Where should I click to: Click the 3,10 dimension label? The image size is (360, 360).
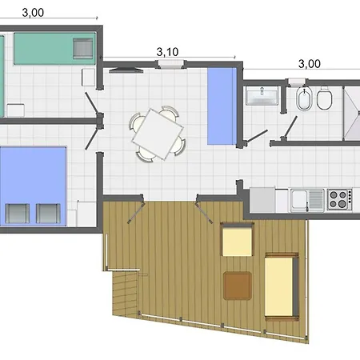click(167, 52)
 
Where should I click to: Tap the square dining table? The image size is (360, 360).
click(158, 134)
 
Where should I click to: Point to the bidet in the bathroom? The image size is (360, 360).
click(304, 98)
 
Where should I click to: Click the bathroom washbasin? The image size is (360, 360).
click(262, 96)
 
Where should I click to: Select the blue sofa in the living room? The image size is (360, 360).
click(222, 106)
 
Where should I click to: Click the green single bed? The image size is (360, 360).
click(54, 48)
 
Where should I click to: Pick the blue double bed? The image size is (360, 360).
click(34, 186)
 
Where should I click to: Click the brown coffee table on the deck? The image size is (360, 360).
click(238, 286)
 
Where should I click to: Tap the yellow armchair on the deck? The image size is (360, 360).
click(237, 239)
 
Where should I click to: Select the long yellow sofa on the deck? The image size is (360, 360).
click(282, 286)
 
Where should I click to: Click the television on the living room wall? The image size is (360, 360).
click(126, 70)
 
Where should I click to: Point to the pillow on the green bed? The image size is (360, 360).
click(83, 48)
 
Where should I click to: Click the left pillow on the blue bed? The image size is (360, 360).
click(17, 214)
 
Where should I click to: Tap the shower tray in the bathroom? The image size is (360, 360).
click(352, 114)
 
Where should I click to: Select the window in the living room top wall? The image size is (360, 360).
click(170, 64)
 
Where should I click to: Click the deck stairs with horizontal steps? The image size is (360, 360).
click(126, 293)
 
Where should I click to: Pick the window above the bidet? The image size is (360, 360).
click(297, 81)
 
